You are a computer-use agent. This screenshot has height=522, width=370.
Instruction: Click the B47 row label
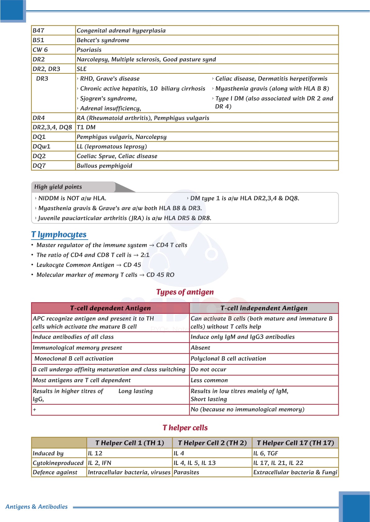pyautogui.click(x=38, y=30)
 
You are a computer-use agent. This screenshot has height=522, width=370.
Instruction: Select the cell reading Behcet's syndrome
pyautogui.click(x=103, y=40)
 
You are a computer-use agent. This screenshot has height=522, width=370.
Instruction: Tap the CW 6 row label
pyautogui.click(x=40, y=50)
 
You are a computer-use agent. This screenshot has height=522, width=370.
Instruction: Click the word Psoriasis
pyautogui.click(x=89, y=50)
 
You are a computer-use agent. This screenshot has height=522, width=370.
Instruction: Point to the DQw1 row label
pyautogui.click(x=41, y=146)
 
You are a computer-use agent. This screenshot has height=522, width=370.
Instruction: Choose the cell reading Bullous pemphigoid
pyautogui.click(x=104, y=166)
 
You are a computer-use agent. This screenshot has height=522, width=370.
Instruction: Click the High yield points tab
pyautogui.click(x=58, y=187)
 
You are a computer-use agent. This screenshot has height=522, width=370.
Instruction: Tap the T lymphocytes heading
pyautogui.click(x=59, y=234)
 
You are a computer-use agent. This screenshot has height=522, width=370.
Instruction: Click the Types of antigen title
pyautogui.click(x=185, y=292)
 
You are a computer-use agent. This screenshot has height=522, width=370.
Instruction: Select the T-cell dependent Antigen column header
pyautogui.click(x=110, y=308)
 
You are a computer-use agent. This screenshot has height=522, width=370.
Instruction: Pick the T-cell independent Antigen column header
pyautogui.click(x=264, y=308)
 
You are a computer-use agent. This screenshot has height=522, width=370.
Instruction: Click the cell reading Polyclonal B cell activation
pyautogui.click(x=228, y=358)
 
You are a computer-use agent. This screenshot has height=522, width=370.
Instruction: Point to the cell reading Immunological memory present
pyautogui.click(x=77, y=348)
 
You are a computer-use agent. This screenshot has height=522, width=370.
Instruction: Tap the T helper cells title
pyautogui.click(x=185, y=428)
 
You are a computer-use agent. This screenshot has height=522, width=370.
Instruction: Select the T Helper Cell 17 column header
pyautogui.click(x=295, y=443)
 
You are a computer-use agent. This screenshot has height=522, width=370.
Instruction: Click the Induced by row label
pyautogui.click(x=48, y=453)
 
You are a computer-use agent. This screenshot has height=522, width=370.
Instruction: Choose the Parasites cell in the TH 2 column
pyautogui.click(x=186, y=472)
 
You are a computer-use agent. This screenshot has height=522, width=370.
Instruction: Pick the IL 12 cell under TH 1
pyautogui.click(x=95, y=453)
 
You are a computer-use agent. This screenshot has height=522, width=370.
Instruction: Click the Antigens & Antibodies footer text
pyautogui.click(x=37, y=507)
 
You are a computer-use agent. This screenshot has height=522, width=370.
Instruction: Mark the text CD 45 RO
pyautogui.click(x=160, y=275)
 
